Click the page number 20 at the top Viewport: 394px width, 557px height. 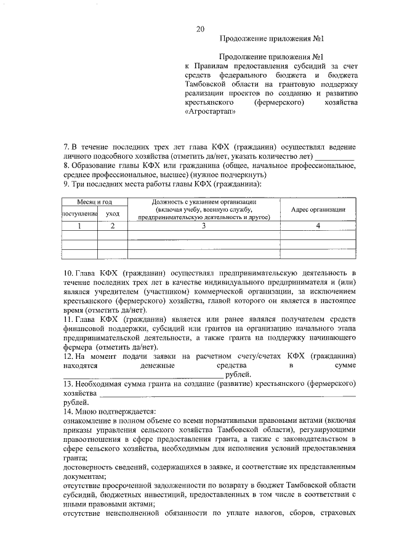click(200, 30)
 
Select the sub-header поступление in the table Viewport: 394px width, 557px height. click(79, 214)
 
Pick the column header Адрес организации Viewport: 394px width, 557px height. click(318, 209)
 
